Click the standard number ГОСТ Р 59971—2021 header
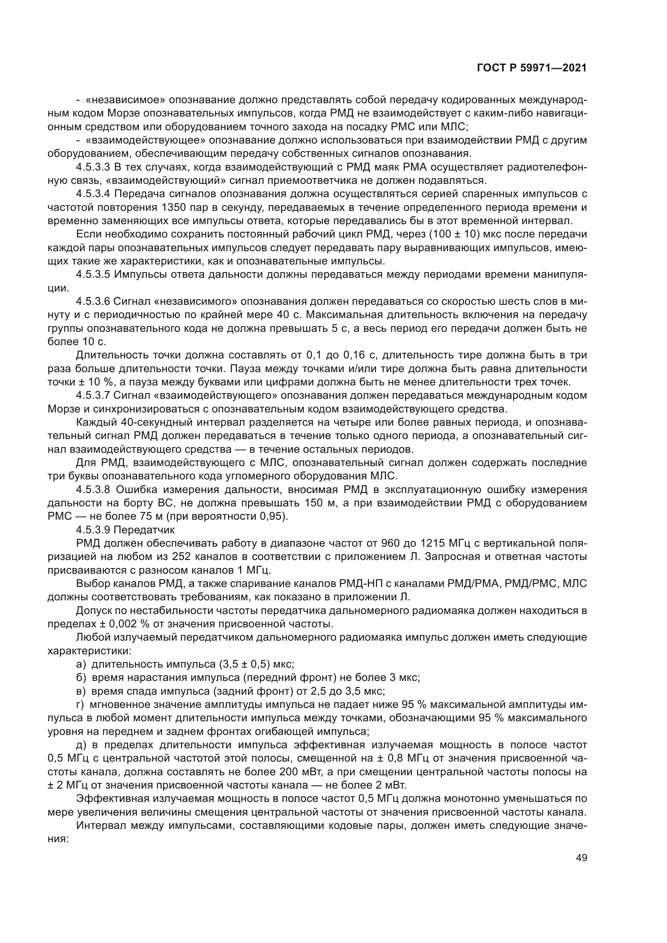[x=532, y=68]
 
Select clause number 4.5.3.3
[x=93, y=168]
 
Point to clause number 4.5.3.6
[x=93, y=302]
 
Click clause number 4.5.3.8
[x=93, y=490]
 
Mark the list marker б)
[x=81, y=678]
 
